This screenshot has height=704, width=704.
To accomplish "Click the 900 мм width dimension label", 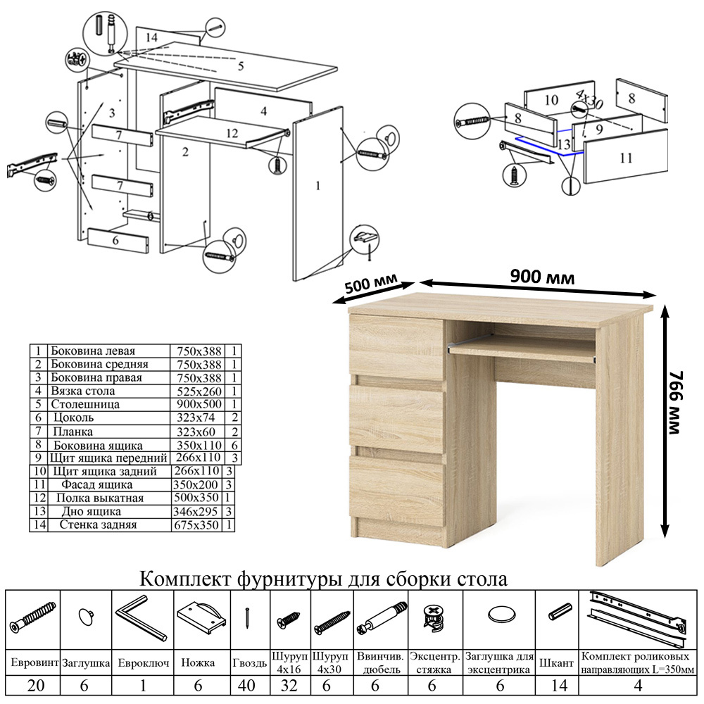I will tap(542, 276).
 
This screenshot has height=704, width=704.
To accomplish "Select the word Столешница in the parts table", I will tap(85, 405).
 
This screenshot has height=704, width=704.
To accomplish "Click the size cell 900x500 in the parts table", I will tap(196, 405).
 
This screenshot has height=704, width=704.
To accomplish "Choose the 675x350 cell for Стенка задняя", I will tap(196, 525).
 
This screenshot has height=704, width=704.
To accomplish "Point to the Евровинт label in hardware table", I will tap(33, 663).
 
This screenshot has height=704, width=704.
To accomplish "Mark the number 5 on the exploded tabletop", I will tap(240, 66).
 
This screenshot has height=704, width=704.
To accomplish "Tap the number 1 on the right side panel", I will tap(318, 185).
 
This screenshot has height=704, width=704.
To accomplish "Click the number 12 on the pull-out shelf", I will tap(232, 132).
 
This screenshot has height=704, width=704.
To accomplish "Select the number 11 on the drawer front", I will tap(627, 158).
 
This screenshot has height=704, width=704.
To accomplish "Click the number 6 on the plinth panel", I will tap(115, 240).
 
